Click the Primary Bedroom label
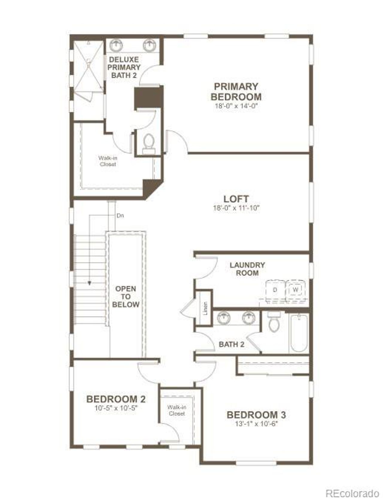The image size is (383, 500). coord(236,91)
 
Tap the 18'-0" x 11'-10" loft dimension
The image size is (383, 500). coord(236,208)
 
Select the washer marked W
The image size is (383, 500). coord(295,290)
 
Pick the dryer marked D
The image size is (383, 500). coord(275,290)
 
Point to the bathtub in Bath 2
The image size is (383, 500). coord(299,333)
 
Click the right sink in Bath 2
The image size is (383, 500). coord(248,318)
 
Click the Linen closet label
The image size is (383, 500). coord(205,308)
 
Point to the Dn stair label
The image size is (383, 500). coord(120,216)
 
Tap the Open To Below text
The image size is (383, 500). coord(126,297)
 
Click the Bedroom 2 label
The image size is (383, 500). coord(116,399)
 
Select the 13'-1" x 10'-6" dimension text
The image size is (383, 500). coord(256,424)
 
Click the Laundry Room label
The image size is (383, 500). coord(247,269)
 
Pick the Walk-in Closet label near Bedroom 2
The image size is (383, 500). coord(177,410)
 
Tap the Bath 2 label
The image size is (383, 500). coord(231,344)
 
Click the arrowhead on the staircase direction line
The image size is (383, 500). coord(89,283)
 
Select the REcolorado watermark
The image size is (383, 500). coord(352,493)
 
